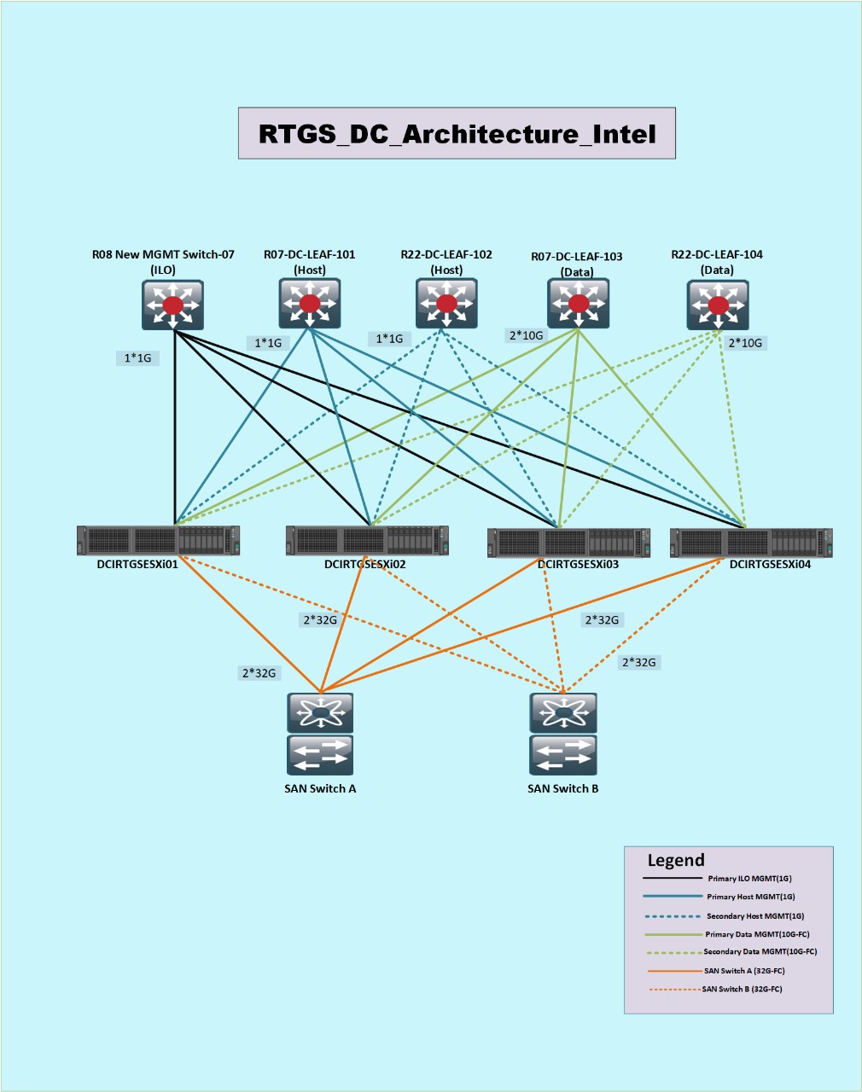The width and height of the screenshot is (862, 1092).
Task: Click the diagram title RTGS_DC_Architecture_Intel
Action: pyautogui.click(x=457, y=134)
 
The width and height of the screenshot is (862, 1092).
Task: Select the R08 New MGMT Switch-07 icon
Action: pyautogui.click(x=172, y=305)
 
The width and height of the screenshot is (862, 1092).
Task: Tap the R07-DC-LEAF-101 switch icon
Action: pyautogui.click(x=310, y=304)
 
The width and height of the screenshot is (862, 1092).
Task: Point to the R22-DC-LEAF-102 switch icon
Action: pyautogui.click(x=446, y=304)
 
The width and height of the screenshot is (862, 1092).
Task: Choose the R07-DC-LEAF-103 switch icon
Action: pyautogui.click(x=578, y=304)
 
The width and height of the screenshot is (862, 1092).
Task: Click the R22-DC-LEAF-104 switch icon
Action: pyautogui.click(x=718, y=305)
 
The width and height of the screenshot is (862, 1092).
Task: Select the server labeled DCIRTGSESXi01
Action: pyautogui.click(x=159, y=540)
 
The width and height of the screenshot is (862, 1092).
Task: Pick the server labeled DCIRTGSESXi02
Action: pyautogui.click(x=367, y=540)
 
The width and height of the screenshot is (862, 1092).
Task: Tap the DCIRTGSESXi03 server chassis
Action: pyautogui.click(x=568, y=543)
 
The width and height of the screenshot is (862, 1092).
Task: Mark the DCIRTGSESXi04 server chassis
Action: pyautogui.click(x=751, y=543)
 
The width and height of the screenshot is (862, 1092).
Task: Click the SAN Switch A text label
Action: pyautogui.click(x=320, y=788)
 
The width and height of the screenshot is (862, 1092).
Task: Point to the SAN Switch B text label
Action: pyautogui.click(x=563, y=788)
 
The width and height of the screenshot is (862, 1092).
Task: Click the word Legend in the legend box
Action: pyautogui.click(x=676, y=860)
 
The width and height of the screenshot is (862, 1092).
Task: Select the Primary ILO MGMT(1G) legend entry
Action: pyautogui.click(x=750, y=879)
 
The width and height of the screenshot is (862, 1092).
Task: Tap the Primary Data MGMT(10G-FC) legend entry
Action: pyautogui.click(x=757, y=934)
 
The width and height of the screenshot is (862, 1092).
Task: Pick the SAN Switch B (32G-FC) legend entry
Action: pyautogui.click(x=743, y=989)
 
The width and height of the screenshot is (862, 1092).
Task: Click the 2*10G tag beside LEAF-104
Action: pyautogui.click(x=745, y=343)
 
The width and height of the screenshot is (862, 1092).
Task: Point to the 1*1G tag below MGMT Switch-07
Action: pyautogui.click(x=137, y=358)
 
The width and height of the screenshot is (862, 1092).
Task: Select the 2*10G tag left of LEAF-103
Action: pyautogui.click(x=526, y=335)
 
